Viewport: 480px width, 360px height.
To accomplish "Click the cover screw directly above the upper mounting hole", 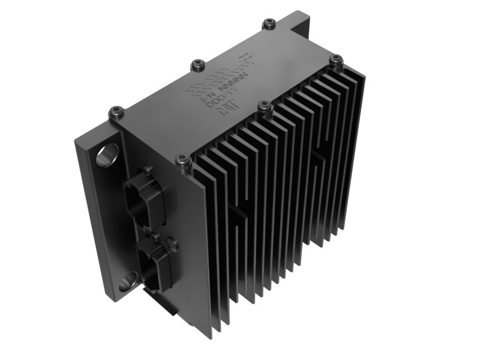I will (x=116, y=110).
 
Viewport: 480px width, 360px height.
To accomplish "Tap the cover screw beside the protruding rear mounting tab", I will (x=268, y=24).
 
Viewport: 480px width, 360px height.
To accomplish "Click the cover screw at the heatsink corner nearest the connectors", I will (x=182, y=159).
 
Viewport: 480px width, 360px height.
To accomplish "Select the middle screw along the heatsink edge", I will (x=264, y=106).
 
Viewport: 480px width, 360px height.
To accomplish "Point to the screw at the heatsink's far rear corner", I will (x=336, y=59).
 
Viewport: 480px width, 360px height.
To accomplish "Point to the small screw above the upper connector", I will (x=148, y=170).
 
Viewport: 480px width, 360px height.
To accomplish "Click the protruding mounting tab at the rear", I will (x=300, y=24).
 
